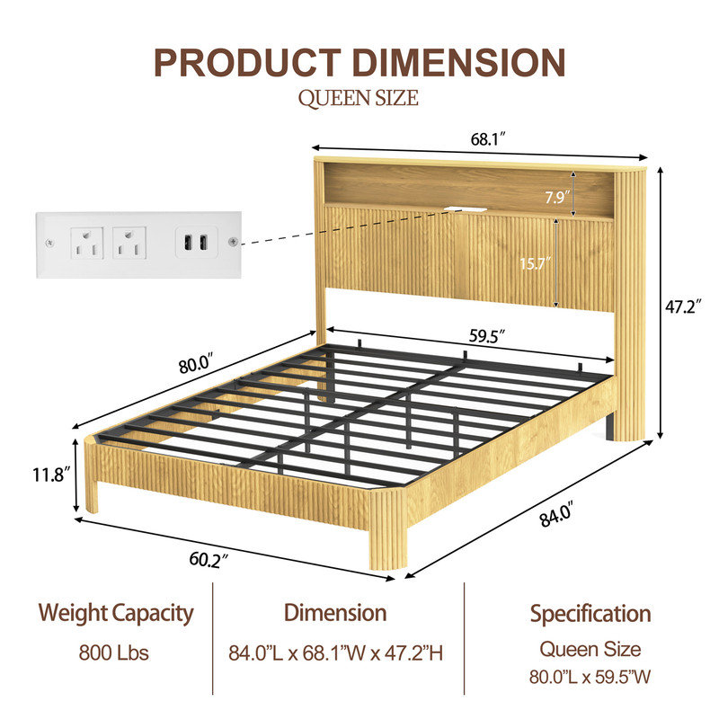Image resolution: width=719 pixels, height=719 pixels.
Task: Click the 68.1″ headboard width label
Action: pos(488,138)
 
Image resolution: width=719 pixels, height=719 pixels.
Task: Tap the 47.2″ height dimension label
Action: pos(683,306)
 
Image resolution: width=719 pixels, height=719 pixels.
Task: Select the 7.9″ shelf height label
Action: pos(557,197)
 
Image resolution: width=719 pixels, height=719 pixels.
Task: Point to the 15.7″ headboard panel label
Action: pos(535,263)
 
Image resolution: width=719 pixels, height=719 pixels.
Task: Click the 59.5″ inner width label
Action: pos(486,336)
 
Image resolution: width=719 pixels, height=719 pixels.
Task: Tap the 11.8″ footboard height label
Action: pos(51,475)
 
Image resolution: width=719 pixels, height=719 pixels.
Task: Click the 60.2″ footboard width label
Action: pos(209,560)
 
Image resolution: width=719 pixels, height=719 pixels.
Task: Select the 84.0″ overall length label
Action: pos(556,514)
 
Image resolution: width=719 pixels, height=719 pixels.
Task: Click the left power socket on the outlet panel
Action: pos(86,243)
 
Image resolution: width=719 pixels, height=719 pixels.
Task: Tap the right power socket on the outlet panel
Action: pos(129,243)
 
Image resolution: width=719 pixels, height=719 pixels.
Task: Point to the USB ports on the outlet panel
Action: pos(196,242)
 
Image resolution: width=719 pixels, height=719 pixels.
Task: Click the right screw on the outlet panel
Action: pos(233,241)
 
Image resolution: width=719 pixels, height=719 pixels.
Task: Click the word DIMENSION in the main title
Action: pos(460,62)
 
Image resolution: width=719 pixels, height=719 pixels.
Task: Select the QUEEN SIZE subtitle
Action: pos(358,98)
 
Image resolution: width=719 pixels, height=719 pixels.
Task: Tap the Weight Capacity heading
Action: pos(116,614)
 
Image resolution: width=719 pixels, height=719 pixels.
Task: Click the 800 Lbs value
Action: pos(114,652)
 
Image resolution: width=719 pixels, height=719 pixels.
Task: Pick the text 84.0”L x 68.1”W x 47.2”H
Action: pos(335,653)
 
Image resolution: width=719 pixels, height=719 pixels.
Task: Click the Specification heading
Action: pos(590,615)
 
